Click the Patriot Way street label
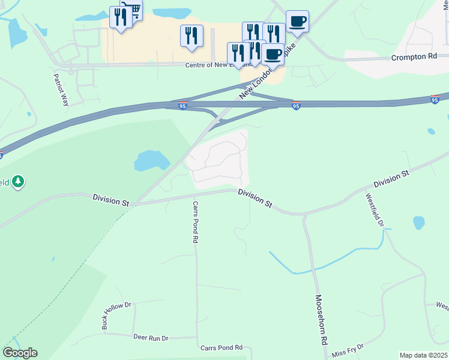coord(61,90)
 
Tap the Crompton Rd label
coord(414,57)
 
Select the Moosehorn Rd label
coord(321,319)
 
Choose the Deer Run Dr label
coord(151,338)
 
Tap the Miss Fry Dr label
coord(348,348)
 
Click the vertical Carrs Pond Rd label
coord(196,221)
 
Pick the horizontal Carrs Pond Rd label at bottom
coord(221,348)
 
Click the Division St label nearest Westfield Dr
coord(391,178)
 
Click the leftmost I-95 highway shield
coord(182,106)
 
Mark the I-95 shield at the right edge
coord(435,100)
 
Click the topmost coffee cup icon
coord(297,22)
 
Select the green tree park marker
coord(19,181)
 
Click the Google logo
coord(20,353)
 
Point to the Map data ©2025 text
coord(424,355)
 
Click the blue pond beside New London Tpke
coord(153,161)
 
